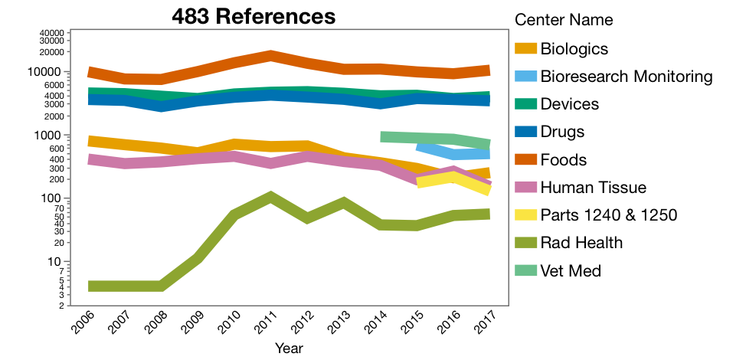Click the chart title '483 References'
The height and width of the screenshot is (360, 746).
(x=254, y=16)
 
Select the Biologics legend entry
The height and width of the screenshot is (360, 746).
(x=574, y=49)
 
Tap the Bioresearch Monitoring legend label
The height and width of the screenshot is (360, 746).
(x=627, y=77)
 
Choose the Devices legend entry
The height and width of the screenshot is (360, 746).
(x=569, y=104)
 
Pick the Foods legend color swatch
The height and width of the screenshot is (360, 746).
(x=525, y=160)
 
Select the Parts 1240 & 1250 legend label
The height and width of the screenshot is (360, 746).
(x=609, y=215)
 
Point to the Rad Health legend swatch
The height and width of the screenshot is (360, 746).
(x=525, y=243)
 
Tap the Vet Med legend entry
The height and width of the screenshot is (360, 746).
(x=571, y=270)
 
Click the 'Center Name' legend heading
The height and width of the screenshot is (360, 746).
(x=564, y=20)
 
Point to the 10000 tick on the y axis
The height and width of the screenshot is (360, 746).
(x=51, y=72)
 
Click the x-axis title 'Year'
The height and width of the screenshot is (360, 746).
(x=289, y=349)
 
